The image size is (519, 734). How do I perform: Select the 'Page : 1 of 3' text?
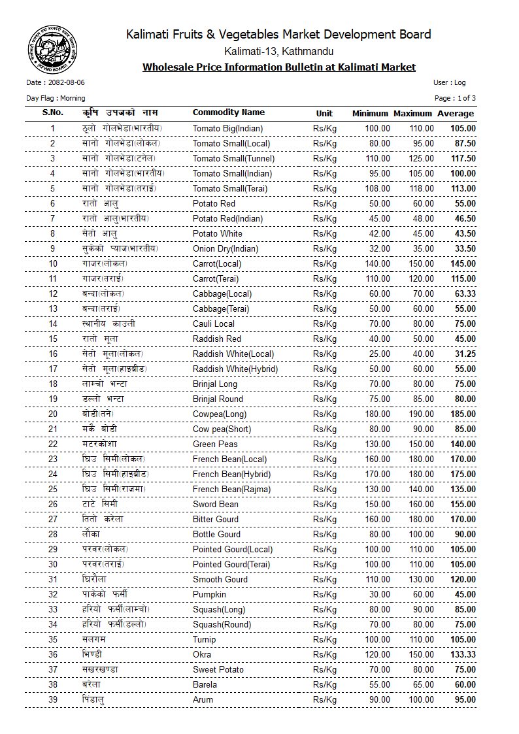click(x=455, y=98)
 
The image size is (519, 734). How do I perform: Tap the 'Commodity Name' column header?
click(x=229, y=112)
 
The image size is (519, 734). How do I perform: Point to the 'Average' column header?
click(x=456, y=113)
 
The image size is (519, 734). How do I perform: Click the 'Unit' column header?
click(x=324, y=113)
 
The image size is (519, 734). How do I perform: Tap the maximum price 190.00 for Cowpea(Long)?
click(x=418, y=414)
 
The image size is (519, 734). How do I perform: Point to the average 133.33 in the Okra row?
click(x=462, y=654)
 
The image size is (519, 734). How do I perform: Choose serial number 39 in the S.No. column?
click(x=53, y=699)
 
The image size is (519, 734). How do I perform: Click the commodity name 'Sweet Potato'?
click(x=218, y=669)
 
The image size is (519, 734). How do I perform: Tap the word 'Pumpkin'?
click(x=209, y=594)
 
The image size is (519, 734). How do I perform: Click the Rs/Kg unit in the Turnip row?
click(x=325, y=639)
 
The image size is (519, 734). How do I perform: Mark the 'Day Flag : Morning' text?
click(x=56, y=98)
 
